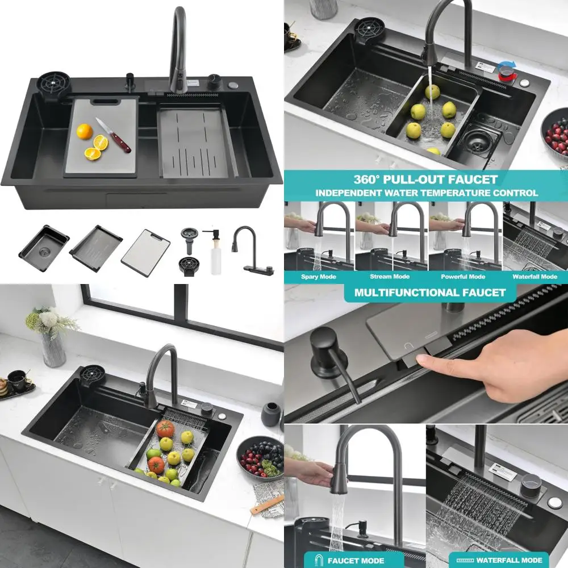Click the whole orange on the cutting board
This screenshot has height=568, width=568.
point(84,131)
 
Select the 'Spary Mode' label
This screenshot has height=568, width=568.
point(319,277)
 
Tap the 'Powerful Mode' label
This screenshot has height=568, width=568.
point(463,277)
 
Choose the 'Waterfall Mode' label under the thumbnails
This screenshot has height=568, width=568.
point(534,277)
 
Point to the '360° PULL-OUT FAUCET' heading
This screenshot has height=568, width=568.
point(426,179)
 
